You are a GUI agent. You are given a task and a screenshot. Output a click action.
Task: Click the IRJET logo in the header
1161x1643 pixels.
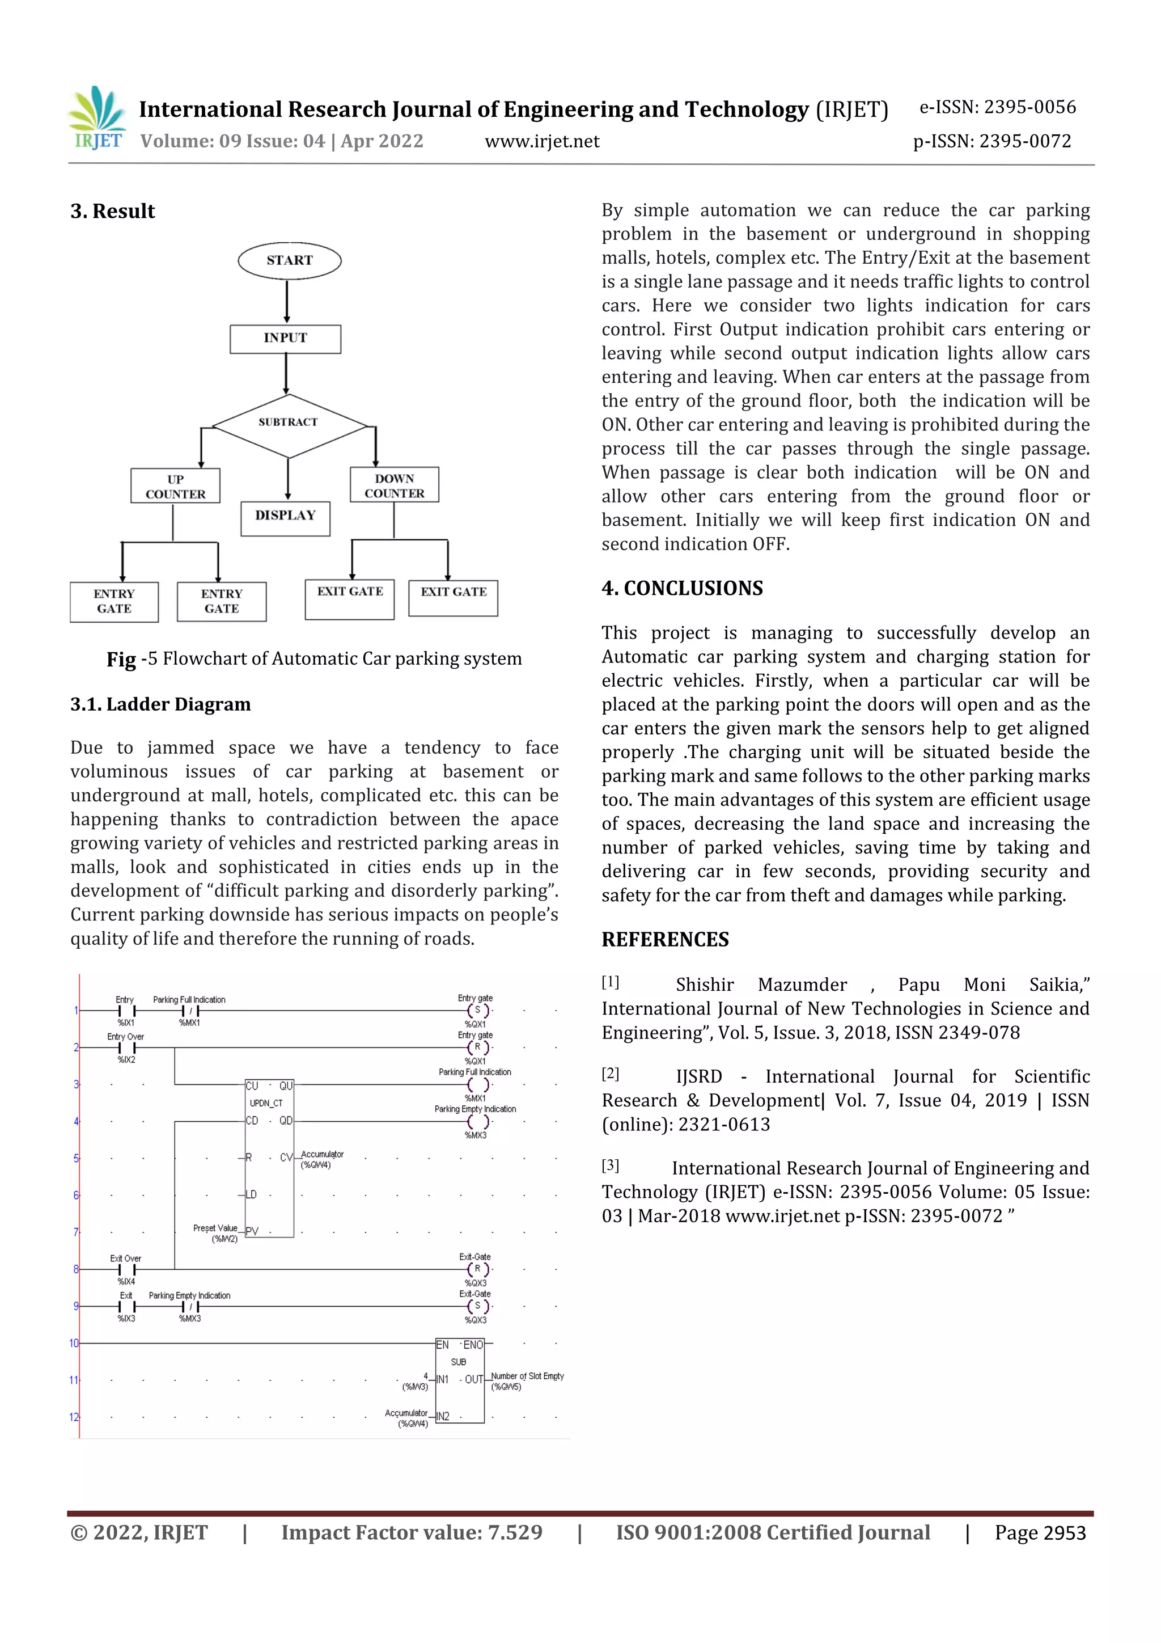pyautogui.click(x=98, y=118)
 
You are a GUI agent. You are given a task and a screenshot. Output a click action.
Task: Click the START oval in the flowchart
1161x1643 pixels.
pyautogui.click(x=289, y=260)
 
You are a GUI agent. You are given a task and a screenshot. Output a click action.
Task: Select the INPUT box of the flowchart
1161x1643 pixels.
pyautogui.click(x=285, y=339)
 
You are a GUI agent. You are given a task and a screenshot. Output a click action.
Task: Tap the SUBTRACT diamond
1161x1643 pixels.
pyautogui.click(x=289, y=424)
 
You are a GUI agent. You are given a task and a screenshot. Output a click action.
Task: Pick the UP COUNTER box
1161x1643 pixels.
pyautogui.click(x=175, y=487)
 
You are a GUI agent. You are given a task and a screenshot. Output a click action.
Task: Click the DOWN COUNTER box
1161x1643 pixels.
pyautogui.click(x=394, y=485)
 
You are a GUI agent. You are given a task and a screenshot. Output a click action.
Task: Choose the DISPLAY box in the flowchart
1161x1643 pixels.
pyautogui.click(x=285, y=517)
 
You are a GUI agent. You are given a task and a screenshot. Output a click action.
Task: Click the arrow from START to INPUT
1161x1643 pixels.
pyautogui.click(x=287, y=302)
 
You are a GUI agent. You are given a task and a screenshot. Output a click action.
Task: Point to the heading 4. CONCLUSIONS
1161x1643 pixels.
pyautogui.click(x=682, y=588)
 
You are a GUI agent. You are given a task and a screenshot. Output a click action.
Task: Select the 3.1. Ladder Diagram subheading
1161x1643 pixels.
pyautogui.click(x=160, y=705)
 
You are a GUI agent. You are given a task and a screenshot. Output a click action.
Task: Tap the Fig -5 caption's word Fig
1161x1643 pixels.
pyautogui.click(x=121, y=659)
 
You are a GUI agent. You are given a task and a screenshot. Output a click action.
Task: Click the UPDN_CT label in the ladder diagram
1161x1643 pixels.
pyautogui.click(x=265, y=1103)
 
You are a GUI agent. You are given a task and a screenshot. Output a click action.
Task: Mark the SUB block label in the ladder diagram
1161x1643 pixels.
pyautogui.click(x=459, y=1362)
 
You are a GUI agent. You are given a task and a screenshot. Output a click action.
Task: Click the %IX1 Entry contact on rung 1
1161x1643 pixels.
pyautogui.click(x=126, y=1011)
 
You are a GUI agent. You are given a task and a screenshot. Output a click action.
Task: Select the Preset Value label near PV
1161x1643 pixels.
pyautogui.click(x=215, y=1228)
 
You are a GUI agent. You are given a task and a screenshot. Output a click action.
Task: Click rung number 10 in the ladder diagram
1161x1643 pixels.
pyautogui.click(x=74, y=1343)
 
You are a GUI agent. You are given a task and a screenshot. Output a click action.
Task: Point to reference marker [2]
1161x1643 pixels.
pyautogui.click(x=610, y=1074)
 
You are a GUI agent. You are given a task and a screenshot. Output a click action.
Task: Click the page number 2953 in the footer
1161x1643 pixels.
pyautogui.click(x=1065, y=1533)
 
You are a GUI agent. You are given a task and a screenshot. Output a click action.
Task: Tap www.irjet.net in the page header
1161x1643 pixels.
pyautogui.click(x=542, y=142)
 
